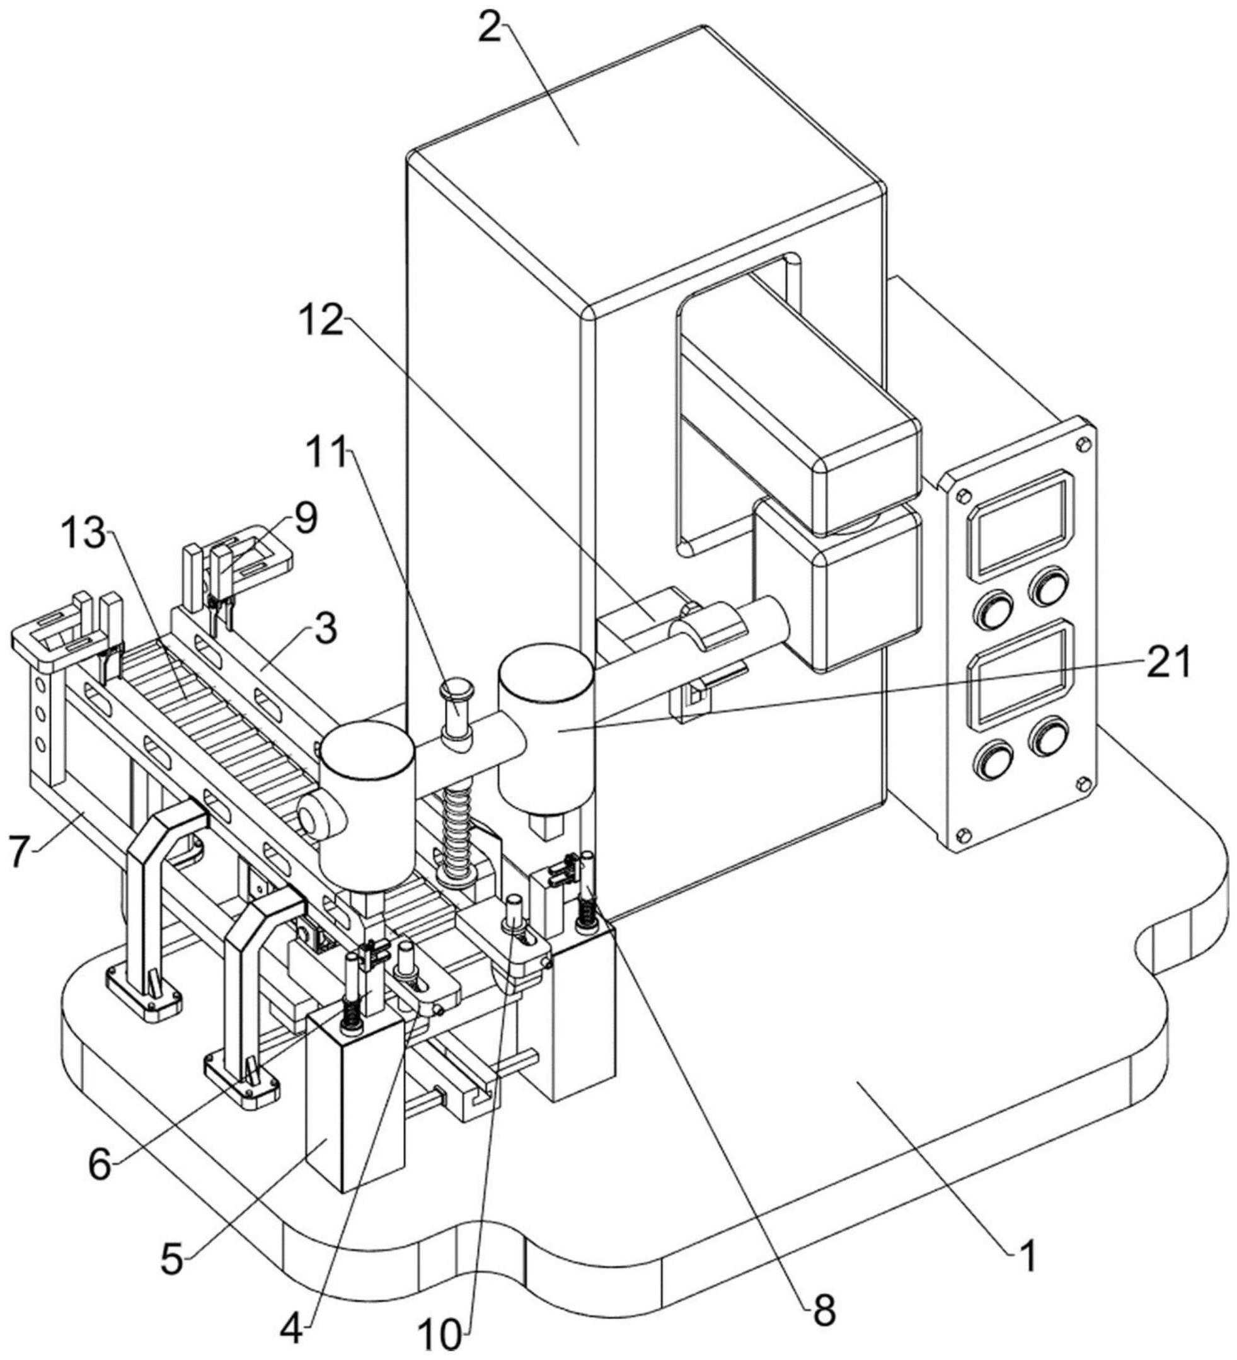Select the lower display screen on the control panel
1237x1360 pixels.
click(x=1021, y=675)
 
